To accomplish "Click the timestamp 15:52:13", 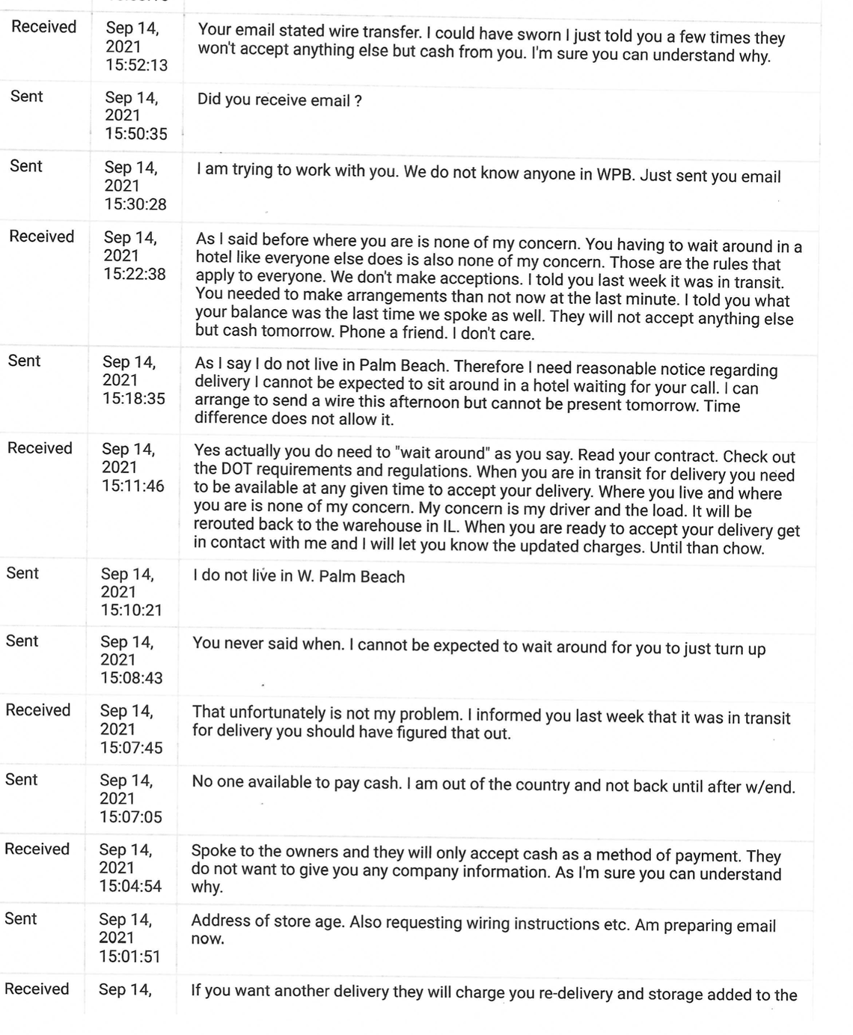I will click(x=136, y=65).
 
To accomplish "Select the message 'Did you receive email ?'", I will click(x=280, y=100).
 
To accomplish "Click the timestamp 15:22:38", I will click(x=135, y=274).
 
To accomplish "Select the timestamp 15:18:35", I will click(x=134, y=398).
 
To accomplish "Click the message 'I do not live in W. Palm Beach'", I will click(x=299, y=577).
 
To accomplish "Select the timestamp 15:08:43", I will click(x=132, y=678).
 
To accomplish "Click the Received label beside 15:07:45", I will click(x=37, y=709).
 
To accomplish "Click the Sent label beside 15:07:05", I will click(x=21, y=779).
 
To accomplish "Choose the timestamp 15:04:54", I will click(x=130, y=886).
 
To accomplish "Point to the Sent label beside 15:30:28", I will click(x=26, y=165).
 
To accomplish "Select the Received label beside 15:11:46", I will click(x=40, y=448).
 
